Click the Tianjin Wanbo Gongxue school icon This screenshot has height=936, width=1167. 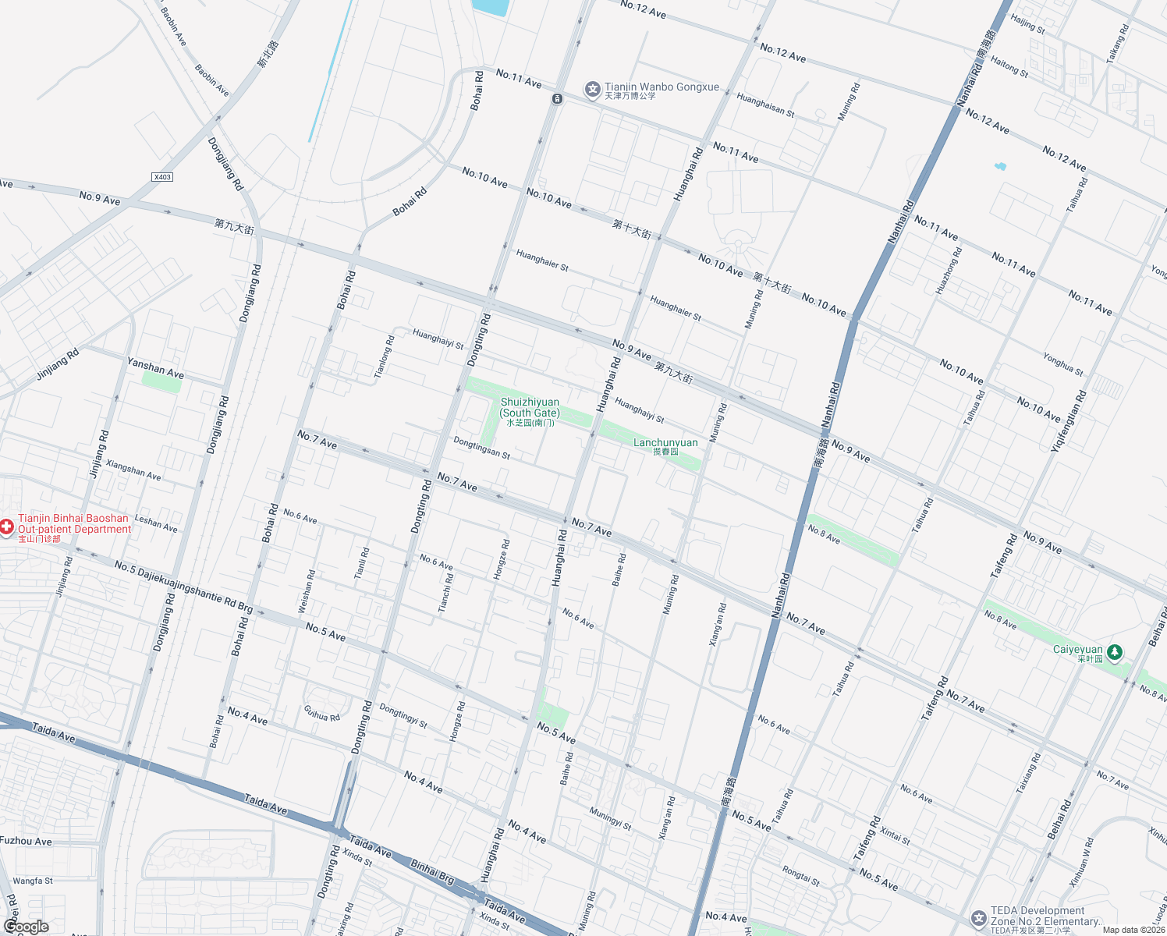click(x=593, y=90)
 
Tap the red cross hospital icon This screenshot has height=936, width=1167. click(x=6, y=528)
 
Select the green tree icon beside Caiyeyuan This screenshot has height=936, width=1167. click(x=1116, y=651)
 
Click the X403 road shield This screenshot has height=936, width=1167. click(x=162, y=177)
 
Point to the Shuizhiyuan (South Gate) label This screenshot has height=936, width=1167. click(x=530, y=408)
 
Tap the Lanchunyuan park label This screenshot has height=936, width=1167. click(x=665, y=443)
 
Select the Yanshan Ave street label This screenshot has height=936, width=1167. click(x=155, y=367)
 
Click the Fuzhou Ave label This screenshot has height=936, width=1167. click(x=26, y=841)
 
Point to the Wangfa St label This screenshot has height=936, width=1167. click(x=33, y=881)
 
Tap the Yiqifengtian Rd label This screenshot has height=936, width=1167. click(x=1069, y=420)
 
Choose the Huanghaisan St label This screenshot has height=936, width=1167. click(x=765, y=105)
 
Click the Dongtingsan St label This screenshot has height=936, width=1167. click(x=481, y=448)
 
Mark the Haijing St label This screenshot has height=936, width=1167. click(x=1027, y=23)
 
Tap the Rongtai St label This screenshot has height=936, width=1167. click(x=801, y=876)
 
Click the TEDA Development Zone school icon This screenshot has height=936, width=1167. click(x=978, y=918)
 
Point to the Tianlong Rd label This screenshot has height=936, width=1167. click(x=383, y=357)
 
